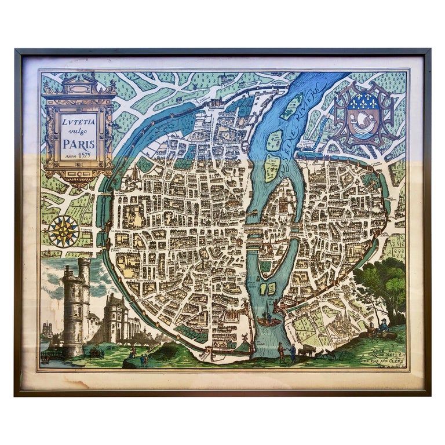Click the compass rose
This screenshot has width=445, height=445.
click(x=64, y=231)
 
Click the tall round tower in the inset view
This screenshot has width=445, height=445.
click(x=76, y=307)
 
